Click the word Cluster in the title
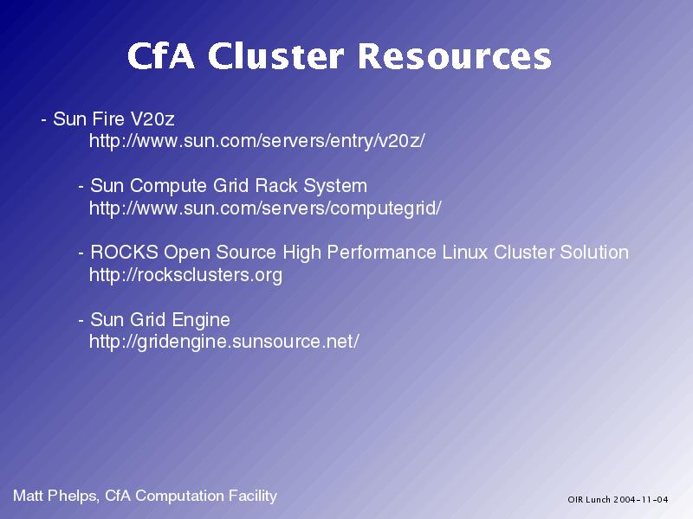click(275, 56)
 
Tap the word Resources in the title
click(455, 56)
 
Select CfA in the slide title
click(161, 56)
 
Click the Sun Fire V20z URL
click(256, 141)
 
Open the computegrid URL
click(265, 208)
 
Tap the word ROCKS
click(124, 253)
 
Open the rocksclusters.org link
click(185, 275)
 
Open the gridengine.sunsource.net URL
click(224, 342)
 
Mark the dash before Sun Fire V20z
click(44, 120)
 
